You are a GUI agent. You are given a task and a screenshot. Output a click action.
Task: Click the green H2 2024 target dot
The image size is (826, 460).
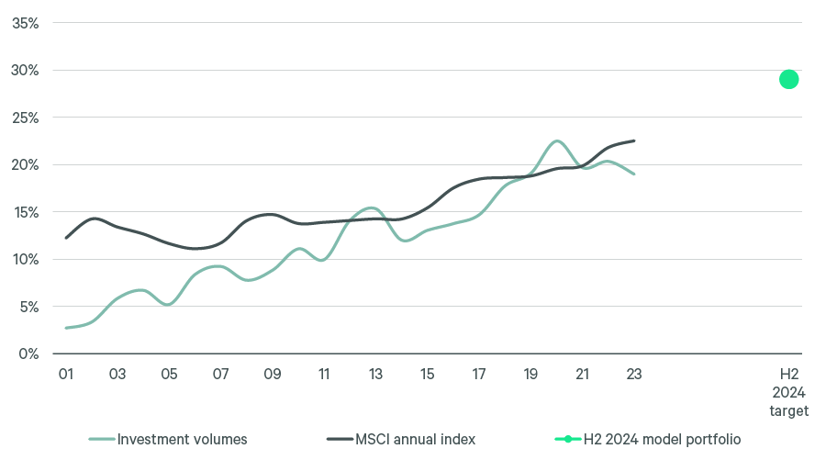pos(788,79)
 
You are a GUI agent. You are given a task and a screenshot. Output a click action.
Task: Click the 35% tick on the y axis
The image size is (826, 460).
pos(25,23)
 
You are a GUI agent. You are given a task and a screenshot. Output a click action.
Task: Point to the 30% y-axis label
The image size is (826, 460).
pos(25,71)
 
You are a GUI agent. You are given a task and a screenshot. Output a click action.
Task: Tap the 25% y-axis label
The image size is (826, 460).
pos(25,118)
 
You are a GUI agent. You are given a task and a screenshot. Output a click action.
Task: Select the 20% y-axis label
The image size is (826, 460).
pos(25,165)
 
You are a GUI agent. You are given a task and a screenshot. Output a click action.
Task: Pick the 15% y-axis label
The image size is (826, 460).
pos(25,212)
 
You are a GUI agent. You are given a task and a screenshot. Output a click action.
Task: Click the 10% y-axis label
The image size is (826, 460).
pos(25,260)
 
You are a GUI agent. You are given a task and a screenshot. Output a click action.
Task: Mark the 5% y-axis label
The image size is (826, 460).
pos(28,307)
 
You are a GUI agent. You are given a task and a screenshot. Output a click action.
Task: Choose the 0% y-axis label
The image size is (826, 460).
pos(28,353)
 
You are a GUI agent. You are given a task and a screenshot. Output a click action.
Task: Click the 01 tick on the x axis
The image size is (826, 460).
pos(66,375)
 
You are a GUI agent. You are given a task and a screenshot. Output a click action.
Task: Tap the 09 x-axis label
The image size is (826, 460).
pos(273,375)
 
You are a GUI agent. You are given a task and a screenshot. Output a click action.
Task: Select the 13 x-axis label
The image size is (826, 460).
pos(375,375)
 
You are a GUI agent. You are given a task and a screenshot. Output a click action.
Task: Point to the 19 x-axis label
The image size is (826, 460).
pos(530,375)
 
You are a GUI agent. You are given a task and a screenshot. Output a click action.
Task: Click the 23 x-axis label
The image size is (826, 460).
pos(633,375)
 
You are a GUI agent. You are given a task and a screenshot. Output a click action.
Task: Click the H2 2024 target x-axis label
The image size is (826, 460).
pos(789,393)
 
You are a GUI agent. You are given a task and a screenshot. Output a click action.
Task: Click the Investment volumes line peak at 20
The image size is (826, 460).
pos(556,140)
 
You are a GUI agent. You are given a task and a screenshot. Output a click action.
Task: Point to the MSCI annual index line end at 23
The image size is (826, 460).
pos(633,140)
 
